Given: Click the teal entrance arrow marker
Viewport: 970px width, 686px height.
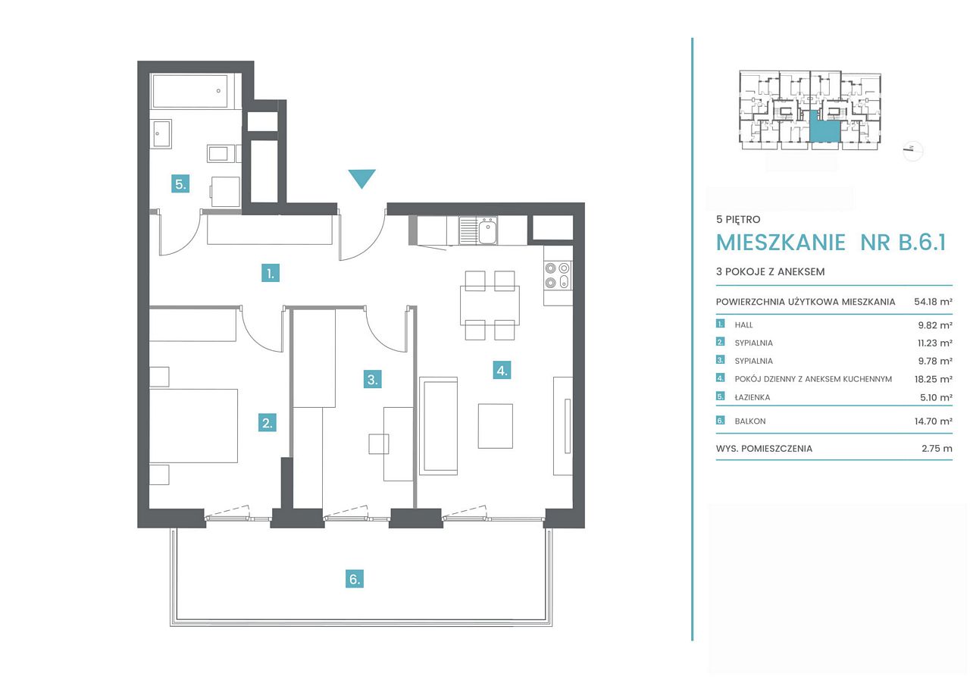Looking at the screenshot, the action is pos(361,178).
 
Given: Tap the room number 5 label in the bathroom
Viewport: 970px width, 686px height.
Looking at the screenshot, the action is pos(180,184).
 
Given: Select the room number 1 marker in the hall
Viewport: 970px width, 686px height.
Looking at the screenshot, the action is pos(271,274).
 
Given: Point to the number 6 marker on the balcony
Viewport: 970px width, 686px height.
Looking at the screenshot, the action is pos(355,579).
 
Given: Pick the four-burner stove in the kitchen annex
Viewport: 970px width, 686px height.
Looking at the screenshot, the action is pos(558,275).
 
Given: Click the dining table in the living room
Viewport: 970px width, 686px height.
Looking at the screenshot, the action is pos(490,305).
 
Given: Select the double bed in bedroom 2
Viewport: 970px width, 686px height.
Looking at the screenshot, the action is pos(193,426).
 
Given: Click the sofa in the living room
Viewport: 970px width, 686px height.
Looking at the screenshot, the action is pos(438,426).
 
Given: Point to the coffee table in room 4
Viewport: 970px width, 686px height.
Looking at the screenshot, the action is pos(496,426).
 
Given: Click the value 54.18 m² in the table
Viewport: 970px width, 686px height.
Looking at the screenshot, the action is pos(933,302).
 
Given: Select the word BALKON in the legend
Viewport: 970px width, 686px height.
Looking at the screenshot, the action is pos(750,421).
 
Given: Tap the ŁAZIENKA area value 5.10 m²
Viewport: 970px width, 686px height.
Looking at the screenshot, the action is pos(936,397).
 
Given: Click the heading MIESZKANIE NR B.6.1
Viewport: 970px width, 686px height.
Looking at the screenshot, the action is pos(831,242).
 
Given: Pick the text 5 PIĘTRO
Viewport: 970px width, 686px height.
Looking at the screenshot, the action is pos(738,220).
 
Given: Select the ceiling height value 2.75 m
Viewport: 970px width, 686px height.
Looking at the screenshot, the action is pos(937,448).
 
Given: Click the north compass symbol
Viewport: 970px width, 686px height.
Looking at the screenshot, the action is pos(913,151).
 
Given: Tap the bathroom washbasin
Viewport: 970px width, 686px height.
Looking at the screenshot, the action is pos(161,134).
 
